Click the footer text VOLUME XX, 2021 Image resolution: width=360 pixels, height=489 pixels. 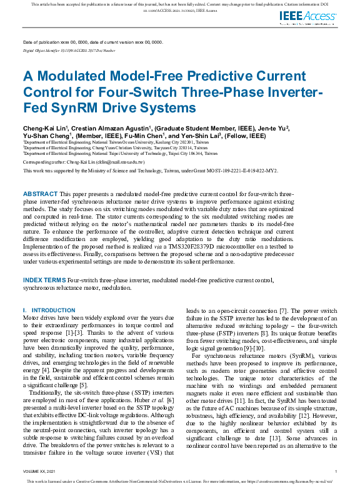point(37,472)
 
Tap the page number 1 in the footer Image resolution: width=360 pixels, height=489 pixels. point(336,472)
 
